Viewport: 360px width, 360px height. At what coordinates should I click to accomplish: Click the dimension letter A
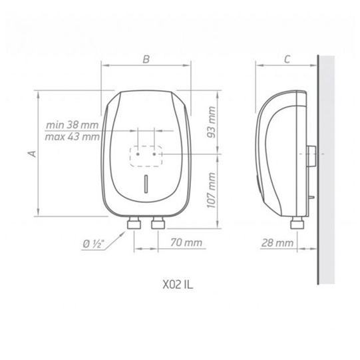tap(30, 154)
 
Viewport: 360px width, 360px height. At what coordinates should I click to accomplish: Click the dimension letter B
tap(146, 59)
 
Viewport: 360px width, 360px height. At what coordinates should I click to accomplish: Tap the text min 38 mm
tap(73, 125)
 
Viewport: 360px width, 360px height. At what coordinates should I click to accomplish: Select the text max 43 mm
tap(73, 137)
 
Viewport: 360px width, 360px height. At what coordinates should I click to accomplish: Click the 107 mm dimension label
tap(211, 190)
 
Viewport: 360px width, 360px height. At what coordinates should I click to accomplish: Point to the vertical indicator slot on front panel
tap(146, 184)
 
